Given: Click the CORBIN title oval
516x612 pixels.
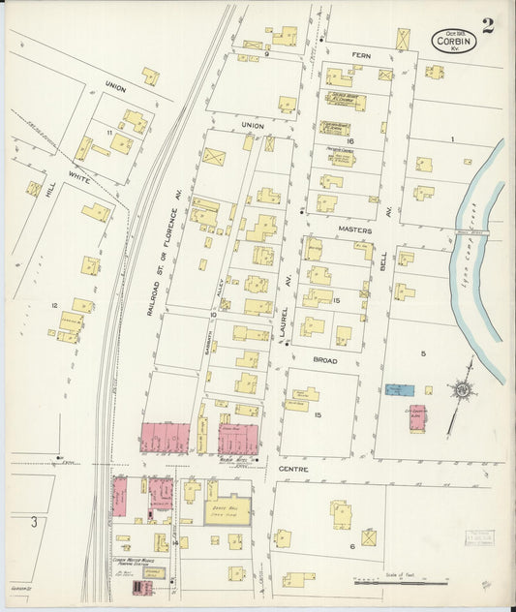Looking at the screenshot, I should pyautogui.click(x=453, y=41).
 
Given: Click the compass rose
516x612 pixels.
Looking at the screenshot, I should pyautogui.click(x=462, y=389).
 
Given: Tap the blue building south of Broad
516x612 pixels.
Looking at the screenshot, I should pyautogui.click(x=399, y=389).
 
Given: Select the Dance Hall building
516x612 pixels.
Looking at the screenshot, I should pyautogui.click(x=227, y=509).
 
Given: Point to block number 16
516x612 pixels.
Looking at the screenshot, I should pyautogui.click(x=351, y=141).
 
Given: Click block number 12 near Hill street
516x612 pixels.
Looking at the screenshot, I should pyautogui.click(x=54, y=305).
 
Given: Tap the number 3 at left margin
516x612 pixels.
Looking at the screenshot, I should pyautogui.click(x=33, y=523).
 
